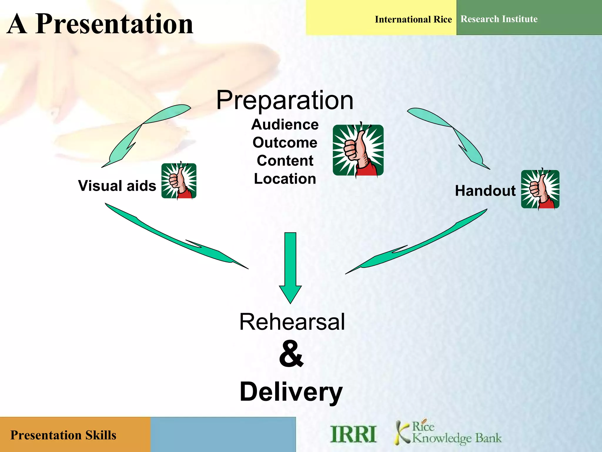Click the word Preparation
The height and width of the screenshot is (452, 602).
pos(285,101)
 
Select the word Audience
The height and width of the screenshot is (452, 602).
pos(285,124)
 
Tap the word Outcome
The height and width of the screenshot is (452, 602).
pos(285,143)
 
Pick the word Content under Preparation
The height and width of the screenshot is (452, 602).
pos(285,161)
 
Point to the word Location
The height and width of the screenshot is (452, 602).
pos(285,179)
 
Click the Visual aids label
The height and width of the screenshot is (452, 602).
pos(117,186)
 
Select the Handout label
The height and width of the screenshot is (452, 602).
pos(485,191)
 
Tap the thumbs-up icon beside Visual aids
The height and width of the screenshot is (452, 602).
pos(179,181)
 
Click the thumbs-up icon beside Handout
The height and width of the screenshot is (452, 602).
pos(540,190)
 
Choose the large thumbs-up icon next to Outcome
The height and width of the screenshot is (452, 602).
pos(358,150)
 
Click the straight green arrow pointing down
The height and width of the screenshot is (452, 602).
pos(290,265)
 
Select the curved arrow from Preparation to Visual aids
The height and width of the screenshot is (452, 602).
pos(138,132)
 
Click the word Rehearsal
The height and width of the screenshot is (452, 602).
pos(292,322)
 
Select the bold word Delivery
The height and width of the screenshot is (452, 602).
pos(291,392)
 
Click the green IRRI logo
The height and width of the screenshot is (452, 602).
pos(353,434)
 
